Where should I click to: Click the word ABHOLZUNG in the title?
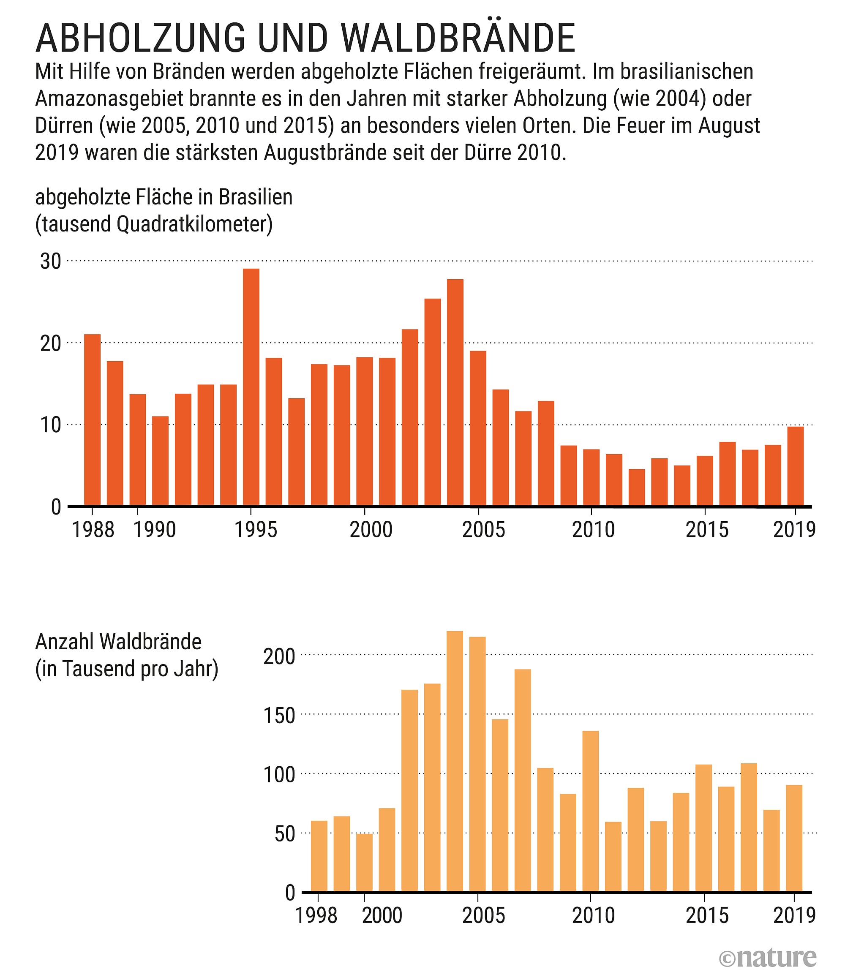click(x=141, y=38)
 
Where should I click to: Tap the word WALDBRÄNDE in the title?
click(x=457, y=38)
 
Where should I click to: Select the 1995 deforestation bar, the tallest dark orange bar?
click(x=251, y=387)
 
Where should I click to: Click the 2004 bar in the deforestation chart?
click(x=455, y=392)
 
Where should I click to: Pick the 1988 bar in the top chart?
click(x=92, y=420)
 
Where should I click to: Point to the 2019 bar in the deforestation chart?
click(x=795, y=466)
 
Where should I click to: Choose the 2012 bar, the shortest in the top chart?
click(x=636, y=487)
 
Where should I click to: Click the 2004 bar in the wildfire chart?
click(x=455, y=761)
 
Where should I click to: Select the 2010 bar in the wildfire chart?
click(x=591, y=811)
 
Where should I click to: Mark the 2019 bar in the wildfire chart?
click(x=794, y=838)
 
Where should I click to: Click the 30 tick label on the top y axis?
click(x=51, y=261)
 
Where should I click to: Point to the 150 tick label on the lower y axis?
click(x=279, y=716)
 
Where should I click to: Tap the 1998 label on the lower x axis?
click(x=316, y=915)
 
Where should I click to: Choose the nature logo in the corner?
click(x=767, y=957)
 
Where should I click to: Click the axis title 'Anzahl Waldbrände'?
click(x=118, y=642)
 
